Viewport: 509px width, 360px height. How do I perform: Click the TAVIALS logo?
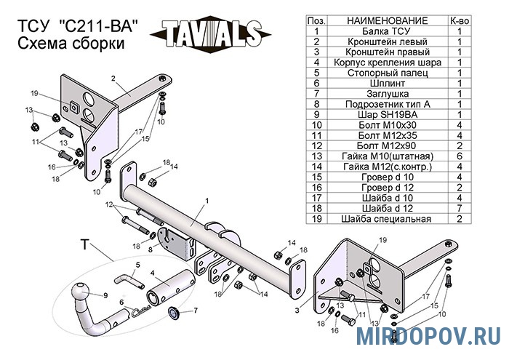(210, 34)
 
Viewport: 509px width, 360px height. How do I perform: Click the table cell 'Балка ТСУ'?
(387, 31)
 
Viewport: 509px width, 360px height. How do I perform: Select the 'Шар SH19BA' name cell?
(387, 115)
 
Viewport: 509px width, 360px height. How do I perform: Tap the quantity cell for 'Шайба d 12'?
(460, 208)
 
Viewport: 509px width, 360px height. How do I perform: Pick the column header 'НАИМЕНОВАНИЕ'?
(387, 21)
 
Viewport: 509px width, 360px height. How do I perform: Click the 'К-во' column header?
(460, 21)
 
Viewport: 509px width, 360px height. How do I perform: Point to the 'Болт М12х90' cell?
(387, 145)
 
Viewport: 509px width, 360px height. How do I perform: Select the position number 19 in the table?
(316, 218)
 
